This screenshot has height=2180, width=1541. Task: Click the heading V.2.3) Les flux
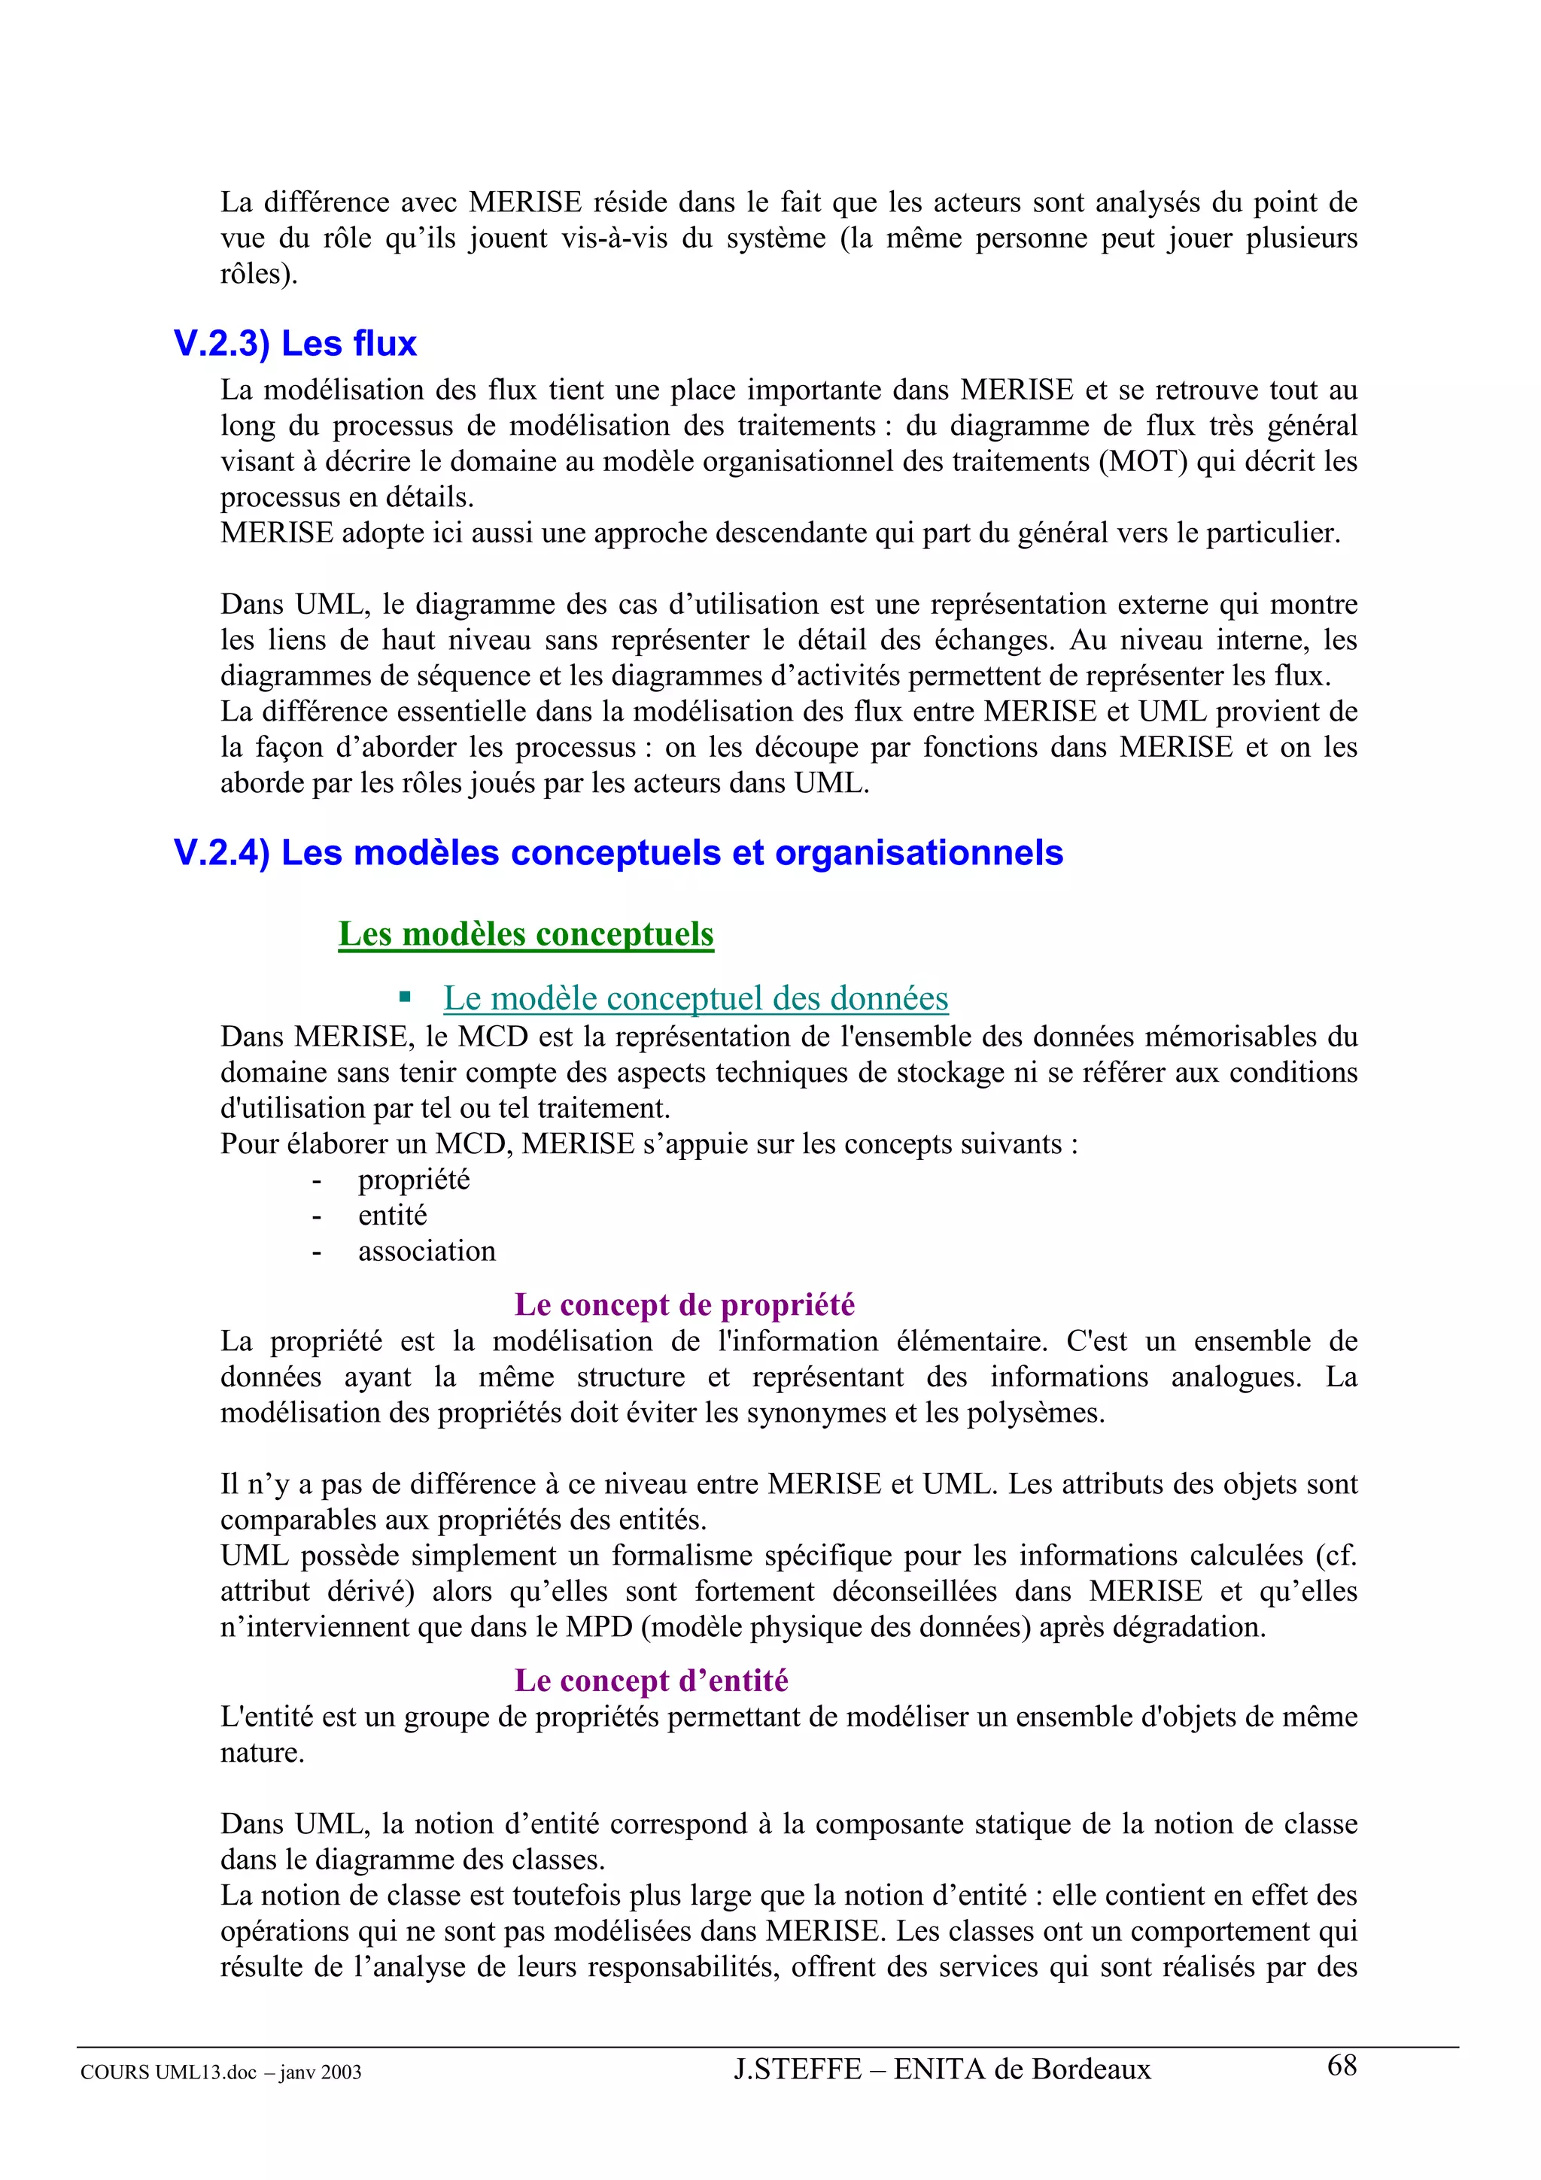pos(295,344)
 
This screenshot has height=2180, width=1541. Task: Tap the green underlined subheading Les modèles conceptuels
pos(526,934)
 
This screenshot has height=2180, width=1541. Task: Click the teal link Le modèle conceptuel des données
pos(695,998)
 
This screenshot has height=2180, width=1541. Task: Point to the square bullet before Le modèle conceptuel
pos(406,997)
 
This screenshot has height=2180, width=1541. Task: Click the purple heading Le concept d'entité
pos(652,1681)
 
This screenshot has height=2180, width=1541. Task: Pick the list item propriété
pos(414,1180)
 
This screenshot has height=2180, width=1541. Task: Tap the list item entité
pos(392,1216)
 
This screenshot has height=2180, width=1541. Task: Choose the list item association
pos(427,1252)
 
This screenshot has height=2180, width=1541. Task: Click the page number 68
pos(1342,2065)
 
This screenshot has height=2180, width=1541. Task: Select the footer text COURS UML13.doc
pos(168,2072)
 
